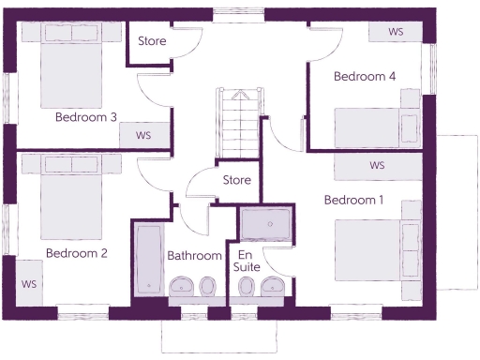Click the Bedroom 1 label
(x=353, y=200)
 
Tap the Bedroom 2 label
(x=77, y=253)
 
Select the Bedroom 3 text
(x=86, y=117)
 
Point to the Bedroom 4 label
(x=365, y=77)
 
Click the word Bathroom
(x=194, y=255)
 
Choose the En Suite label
(x=247, y=262)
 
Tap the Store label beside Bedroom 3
(x=153, y=41)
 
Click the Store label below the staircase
(x=236, y=179)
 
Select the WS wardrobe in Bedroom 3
(x=143, y=135)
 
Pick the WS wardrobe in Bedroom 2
(x=28, y=283)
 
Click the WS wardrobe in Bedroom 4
(x=396, y=32)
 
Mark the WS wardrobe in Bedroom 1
(x=377, y=165)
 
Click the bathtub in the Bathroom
(x=148, y=258)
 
